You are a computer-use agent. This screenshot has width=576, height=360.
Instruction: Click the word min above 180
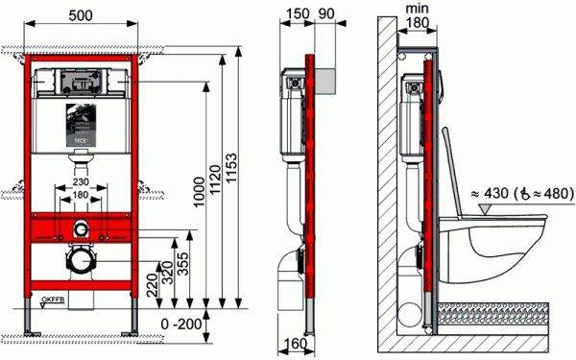point(418,9)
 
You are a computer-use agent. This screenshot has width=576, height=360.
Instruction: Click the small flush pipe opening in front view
point(82,229)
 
